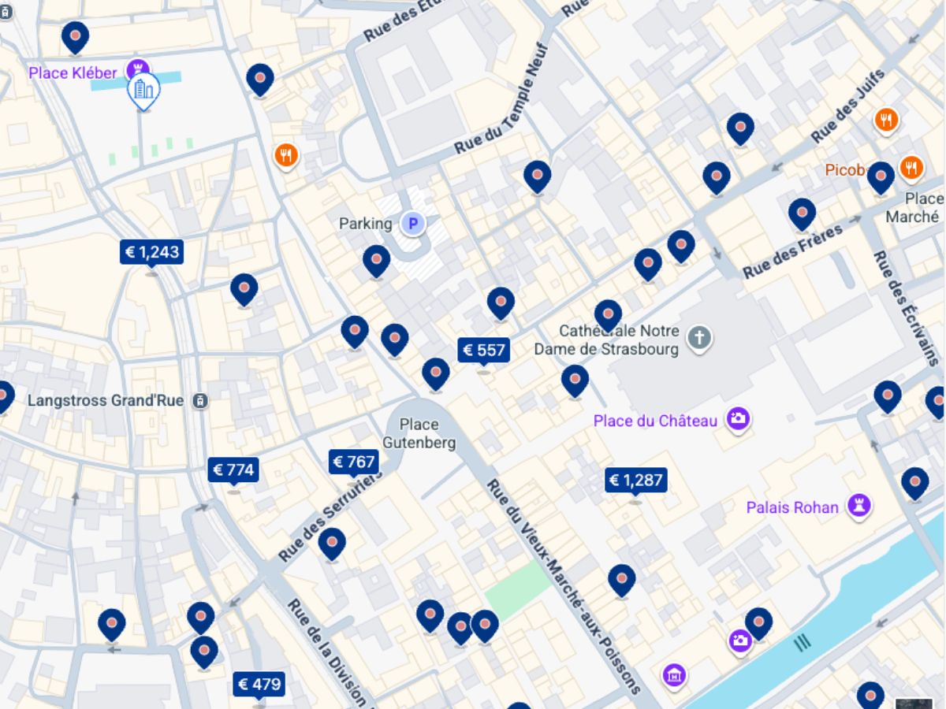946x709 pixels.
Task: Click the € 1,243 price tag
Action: [151, 252]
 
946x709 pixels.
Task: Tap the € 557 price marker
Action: [484, 350]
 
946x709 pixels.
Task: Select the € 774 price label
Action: [233, 470]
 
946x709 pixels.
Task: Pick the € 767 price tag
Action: [353, 462]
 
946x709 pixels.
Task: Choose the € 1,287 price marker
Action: [635, 480]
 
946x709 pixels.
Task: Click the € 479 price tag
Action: [259, 684]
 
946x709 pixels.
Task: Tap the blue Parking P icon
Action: [412, 224]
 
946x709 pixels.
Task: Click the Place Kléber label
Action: [73, 73]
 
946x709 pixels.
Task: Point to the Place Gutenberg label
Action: [419, 434]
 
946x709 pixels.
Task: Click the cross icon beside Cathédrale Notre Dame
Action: [698, 339]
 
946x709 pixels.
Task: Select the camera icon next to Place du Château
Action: [738, 419]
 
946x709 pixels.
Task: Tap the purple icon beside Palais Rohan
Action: [858, 506]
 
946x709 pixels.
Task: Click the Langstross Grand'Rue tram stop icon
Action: [201, 401]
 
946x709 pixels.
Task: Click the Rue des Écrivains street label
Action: [907, 307]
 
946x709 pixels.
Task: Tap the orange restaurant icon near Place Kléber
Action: [286, 156]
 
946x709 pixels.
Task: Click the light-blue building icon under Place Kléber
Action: [143, 91]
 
